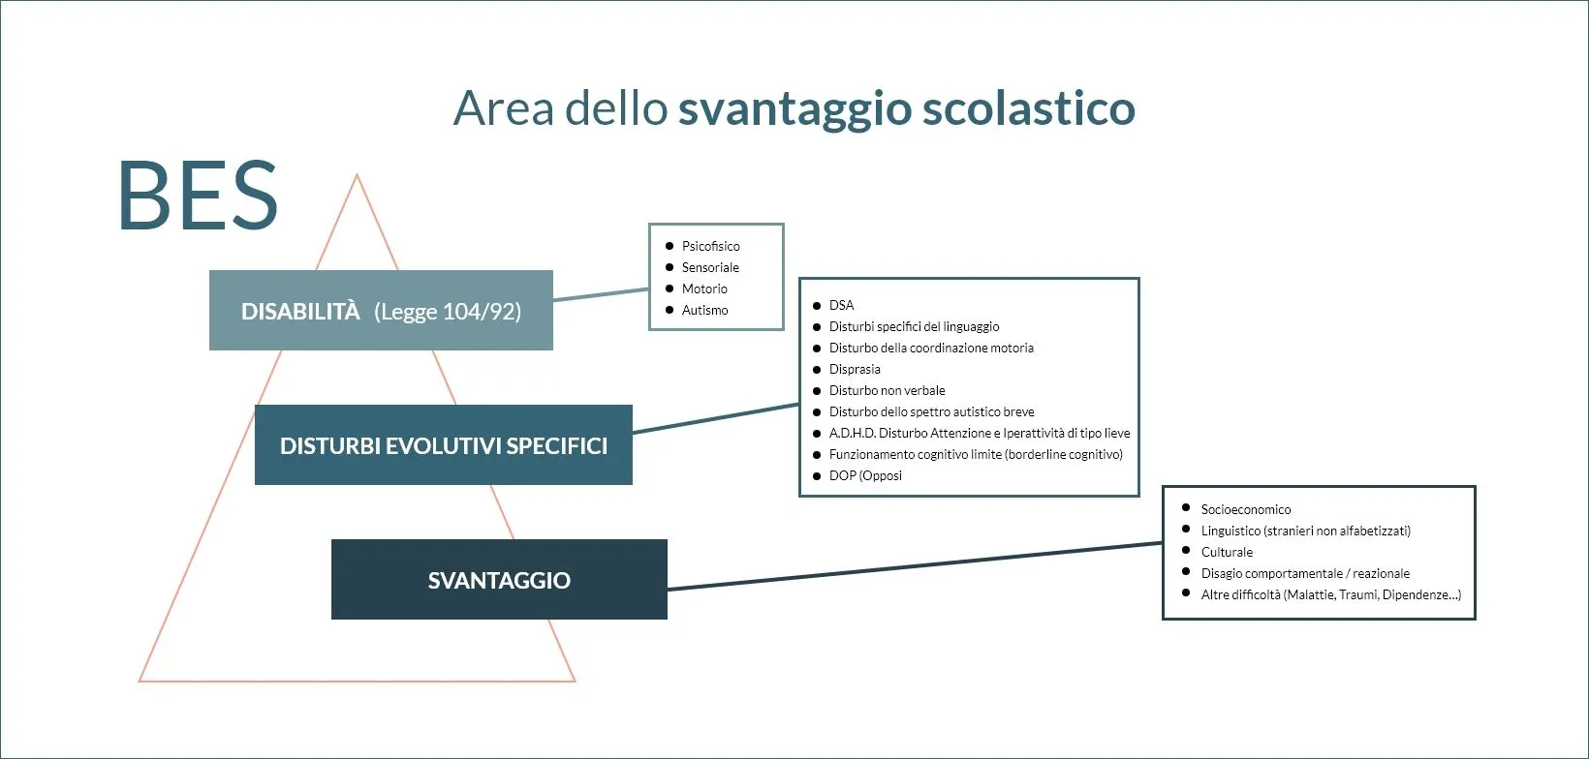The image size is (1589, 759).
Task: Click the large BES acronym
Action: click(198, 197)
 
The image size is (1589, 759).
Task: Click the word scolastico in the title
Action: click(1028, 108)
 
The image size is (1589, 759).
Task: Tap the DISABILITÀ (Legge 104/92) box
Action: click(381, 311)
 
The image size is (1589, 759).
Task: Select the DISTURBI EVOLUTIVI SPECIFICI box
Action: click(443, 445)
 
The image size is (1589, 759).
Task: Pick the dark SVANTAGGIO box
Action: click(499, 580)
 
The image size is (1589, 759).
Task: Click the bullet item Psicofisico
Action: click(710, 246)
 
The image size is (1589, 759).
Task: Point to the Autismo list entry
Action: click(704, 310)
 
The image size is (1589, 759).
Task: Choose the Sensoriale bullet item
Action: click(710, 267)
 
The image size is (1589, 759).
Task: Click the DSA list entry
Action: click(841, 305)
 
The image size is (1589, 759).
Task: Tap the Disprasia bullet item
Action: click(855, 369)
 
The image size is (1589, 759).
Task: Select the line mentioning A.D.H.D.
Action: click(979, 433)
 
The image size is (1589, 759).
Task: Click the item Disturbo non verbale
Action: click(887, 390)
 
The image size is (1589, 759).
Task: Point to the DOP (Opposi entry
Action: click(865, 475)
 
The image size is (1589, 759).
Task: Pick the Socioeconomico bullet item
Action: click(1245, 509)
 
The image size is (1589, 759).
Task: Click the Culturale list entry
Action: click(1227, 552)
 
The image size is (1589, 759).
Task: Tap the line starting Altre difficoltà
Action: click(1330, 594)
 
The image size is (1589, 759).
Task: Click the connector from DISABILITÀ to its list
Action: click(601, 294)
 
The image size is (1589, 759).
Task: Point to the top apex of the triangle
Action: click(357, 176)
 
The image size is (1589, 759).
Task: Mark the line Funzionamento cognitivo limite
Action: click(975, 454)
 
